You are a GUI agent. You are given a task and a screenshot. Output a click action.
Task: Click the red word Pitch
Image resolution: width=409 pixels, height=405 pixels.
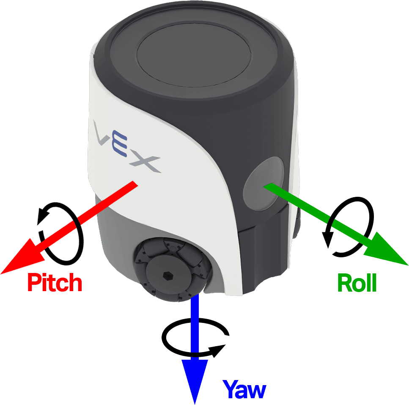click(x=55, y=282)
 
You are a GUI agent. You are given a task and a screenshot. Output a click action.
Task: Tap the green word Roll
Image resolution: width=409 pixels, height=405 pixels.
click(x=357, y=284)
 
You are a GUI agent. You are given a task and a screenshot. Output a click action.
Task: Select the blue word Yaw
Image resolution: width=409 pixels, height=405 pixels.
click(x=244, y=389)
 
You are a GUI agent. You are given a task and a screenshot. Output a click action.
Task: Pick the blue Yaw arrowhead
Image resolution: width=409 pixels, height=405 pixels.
click(x=195, y=381)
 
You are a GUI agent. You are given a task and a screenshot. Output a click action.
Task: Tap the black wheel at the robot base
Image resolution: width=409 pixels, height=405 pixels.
click(x=169, y=269)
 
